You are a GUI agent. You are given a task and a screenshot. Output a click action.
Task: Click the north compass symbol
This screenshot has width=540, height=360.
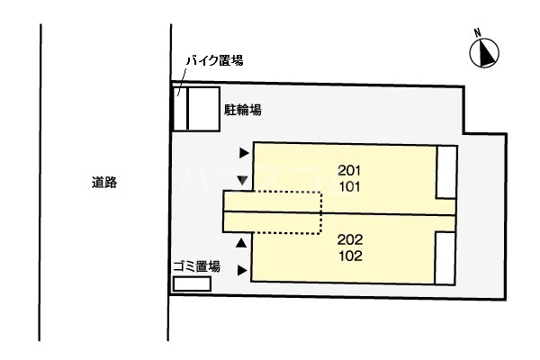coord(483,55)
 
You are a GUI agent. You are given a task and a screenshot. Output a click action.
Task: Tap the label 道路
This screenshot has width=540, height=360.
coord(104,183)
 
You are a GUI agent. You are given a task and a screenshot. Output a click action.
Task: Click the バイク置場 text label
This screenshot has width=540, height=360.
coord(214,60)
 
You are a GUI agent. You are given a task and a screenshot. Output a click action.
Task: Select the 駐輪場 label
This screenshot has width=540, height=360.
coord(242,111)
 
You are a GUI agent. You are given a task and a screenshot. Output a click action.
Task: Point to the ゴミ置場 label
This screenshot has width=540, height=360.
coord(198,265)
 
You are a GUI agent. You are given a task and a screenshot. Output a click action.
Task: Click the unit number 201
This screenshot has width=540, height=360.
coord(350,170)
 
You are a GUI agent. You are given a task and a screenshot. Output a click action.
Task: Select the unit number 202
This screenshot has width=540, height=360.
coord(350,239)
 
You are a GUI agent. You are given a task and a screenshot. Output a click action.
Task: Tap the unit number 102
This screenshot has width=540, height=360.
coord(350,256)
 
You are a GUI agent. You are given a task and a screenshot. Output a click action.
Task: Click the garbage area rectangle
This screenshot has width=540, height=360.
coord(192,283)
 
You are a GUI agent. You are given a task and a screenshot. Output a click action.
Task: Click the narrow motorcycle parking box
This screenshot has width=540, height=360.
coord(179,109)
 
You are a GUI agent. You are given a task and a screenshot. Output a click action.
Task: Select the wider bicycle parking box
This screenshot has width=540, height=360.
coord(202,109)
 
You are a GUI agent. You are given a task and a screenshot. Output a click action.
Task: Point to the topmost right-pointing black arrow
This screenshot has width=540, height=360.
coord(243,154)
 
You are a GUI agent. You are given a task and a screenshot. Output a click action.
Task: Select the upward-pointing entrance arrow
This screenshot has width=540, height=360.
coord(241,243)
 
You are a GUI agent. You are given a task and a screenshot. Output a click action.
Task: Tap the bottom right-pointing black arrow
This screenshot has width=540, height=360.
coord(242,269)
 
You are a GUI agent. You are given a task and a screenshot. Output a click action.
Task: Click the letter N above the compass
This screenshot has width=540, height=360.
coord(480,33)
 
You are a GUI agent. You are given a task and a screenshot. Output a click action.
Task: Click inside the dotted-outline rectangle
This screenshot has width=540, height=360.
coord(288,213)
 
